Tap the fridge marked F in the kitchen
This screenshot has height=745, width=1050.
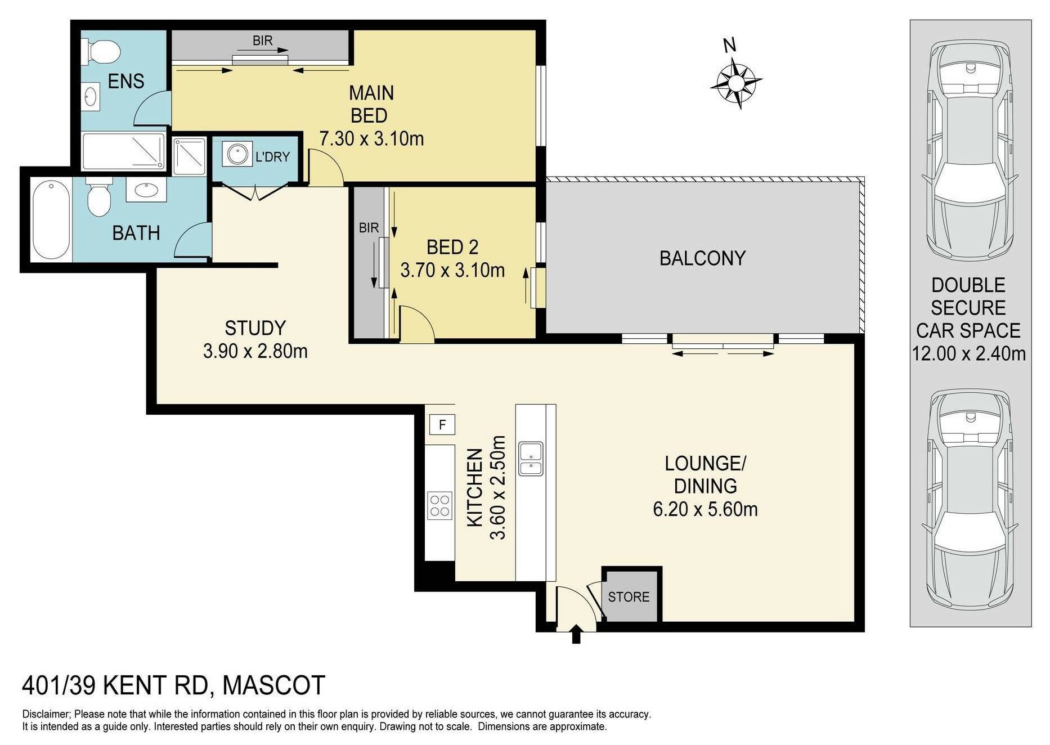pos(442,424)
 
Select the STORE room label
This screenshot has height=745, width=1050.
pos(629,596)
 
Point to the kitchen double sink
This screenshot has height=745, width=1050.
pos(531,459)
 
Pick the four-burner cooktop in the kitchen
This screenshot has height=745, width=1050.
pos(439,505)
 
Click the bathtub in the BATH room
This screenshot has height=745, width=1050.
pos(51,219)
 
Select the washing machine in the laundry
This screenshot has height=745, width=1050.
pos(237,154)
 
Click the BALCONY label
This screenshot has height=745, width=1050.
pos(702,258)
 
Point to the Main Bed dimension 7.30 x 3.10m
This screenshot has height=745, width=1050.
pos(371,138)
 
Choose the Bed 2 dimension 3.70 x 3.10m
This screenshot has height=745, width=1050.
pos(452,270)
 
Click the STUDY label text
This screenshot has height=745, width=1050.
pos(255,328)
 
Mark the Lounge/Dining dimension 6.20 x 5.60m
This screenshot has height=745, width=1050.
pos(705,509)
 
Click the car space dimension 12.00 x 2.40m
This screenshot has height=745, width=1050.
pos(969,353)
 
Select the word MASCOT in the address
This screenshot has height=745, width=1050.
pos(274,685)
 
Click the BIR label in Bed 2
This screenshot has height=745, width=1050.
pos(369,228)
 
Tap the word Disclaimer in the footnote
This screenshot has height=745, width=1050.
pos(46,715)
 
